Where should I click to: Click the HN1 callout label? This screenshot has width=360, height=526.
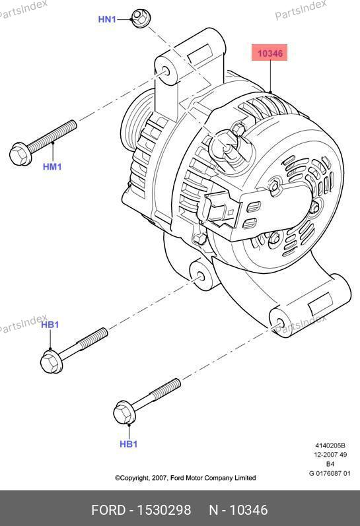[107, 19]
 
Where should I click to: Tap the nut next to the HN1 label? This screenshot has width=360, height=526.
[141, 18]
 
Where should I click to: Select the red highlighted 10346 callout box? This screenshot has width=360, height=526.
[270, 53]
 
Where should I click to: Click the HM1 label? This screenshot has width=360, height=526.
[52, 166]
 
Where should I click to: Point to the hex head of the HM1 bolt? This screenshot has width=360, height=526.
[21, 154]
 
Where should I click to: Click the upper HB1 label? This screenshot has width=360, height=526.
[50, 325]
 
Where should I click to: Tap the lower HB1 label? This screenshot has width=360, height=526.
[129, 444]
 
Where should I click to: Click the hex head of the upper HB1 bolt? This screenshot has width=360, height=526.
[52, 361]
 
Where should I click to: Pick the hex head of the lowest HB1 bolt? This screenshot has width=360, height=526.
[125, 412]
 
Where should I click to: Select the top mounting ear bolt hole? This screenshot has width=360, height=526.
[166, 71]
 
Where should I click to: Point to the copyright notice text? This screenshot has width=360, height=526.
[186, 478]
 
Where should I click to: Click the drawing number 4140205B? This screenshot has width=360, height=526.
[330, 445]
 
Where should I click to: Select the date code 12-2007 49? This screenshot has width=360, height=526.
[330, 455]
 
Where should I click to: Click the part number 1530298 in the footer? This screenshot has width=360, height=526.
[164, 510]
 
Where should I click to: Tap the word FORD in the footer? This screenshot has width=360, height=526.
[108, 510]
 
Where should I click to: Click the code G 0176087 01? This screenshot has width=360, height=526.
[330, 473]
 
